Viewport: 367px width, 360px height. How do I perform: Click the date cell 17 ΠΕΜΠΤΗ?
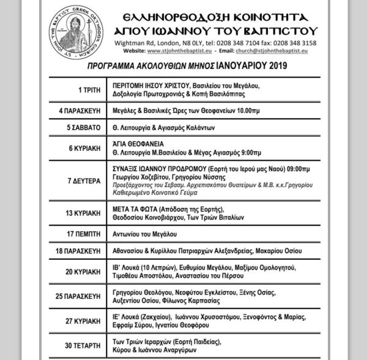[83, 233]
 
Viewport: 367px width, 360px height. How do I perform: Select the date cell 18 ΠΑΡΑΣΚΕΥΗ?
[77, 251]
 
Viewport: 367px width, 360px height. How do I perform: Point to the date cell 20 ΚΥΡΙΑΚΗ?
[82, 271]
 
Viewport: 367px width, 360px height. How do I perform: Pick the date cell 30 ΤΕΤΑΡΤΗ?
[82, 346]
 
